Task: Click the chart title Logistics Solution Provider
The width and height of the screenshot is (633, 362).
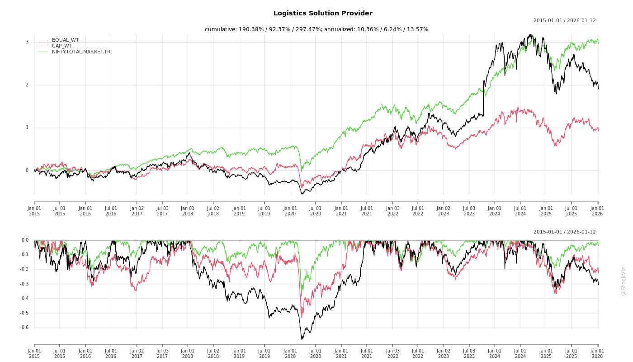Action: [x=323, y=14]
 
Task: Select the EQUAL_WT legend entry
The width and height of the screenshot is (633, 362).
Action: [x=65, y=40]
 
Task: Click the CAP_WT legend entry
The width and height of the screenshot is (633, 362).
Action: [x=61, y=46]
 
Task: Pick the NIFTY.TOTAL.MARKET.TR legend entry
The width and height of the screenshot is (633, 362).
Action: [x=81, y=52]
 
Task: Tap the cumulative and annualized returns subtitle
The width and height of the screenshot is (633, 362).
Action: [x=316, y=29]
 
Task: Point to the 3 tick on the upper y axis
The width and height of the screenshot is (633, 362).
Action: [x=27, y=42]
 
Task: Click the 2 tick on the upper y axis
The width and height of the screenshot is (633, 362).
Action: [x=27, y=85]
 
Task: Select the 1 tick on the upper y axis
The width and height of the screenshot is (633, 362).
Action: [x=27, y=128]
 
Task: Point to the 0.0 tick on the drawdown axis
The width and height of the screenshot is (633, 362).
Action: [x=25, y=240]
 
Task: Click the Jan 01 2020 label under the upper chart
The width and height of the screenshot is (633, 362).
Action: [x=290, y=211]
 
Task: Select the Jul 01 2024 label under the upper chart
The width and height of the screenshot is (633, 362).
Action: [x=520, y=211]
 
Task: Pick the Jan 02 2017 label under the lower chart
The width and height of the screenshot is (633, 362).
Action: [x=137, y=353]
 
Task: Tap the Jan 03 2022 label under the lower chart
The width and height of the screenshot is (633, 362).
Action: [x=392, y=353]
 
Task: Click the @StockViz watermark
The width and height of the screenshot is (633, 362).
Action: [x=624, y=281]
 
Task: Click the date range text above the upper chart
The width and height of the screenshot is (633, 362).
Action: [x=564, y=21]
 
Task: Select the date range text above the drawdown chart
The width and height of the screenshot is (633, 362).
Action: [x=564, y=232]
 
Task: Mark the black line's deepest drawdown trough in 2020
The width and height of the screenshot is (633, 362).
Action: [x=302, y=339]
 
